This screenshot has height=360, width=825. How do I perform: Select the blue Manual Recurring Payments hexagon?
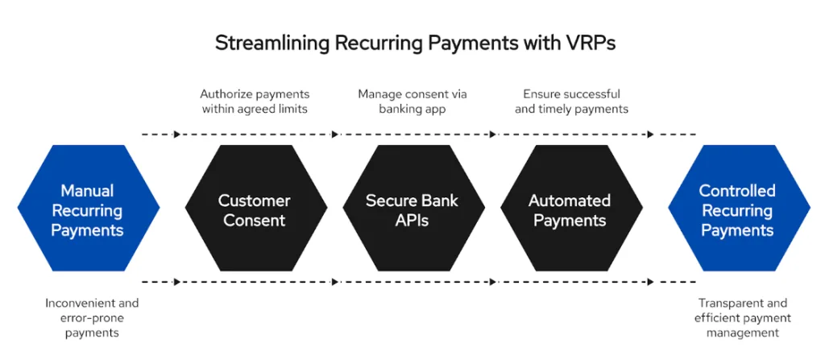88,210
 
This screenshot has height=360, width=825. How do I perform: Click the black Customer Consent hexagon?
255,210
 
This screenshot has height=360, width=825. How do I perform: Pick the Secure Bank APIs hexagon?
413,210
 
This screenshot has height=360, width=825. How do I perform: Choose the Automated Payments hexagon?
570,210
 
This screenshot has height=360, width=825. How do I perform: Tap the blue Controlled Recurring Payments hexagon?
737,210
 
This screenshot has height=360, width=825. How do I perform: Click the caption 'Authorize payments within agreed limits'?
255,101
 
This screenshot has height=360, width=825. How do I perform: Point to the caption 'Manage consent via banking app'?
412,101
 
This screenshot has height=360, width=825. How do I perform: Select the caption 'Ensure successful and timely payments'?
571,101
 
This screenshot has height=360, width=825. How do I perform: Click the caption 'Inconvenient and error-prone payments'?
92,318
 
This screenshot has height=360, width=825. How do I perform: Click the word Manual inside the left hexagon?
88,191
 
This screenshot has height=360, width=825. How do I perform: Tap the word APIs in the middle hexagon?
413,221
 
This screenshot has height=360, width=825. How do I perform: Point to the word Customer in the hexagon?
255,201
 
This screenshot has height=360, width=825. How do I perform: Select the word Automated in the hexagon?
570,201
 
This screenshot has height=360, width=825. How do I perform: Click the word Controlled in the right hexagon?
737,191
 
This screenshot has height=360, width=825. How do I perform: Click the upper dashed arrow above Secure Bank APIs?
413,134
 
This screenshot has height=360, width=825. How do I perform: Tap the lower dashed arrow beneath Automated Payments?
570,282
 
